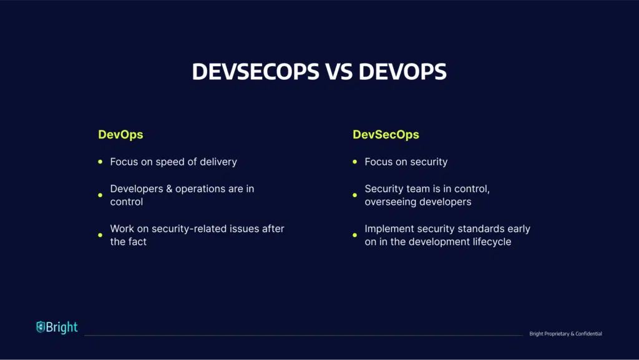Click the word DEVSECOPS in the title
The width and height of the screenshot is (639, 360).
(255, 71)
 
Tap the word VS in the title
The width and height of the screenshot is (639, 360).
(339, 71)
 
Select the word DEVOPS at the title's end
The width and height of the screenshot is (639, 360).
(402, 71)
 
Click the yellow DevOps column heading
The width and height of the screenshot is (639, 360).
(120, 134)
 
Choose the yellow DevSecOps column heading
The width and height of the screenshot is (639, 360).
(386, 134)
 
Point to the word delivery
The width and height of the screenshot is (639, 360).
(218, 162)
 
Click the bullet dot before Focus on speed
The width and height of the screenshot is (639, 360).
(100, 162)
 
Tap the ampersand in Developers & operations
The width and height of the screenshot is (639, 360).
(170, 188)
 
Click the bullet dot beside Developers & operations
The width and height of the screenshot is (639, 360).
(100, 195)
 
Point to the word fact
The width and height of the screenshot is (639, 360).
(137, 241)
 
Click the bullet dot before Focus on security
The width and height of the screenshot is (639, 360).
(355, 162)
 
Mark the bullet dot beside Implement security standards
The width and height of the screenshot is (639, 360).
(355, 235)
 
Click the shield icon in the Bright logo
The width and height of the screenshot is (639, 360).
(41, 326)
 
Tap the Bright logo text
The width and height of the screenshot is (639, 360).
(62, 327)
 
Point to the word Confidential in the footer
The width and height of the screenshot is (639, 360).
(588, 334)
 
